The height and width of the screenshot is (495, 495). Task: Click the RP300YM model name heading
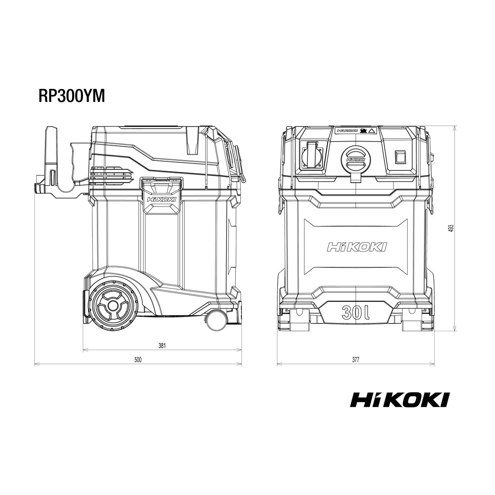pos(71,96)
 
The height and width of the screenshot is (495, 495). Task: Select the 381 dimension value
pos(162,346)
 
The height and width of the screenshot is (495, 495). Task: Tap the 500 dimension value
pos(138,360)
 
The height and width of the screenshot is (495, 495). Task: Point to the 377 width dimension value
pos(356,360)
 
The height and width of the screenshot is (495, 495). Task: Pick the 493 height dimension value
pos(451,229)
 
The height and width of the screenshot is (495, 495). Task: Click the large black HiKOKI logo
pos(400,400)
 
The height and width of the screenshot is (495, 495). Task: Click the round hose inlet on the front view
pos(355,158)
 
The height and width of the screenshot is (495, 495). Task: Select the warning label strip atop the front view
pos(355,131)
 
